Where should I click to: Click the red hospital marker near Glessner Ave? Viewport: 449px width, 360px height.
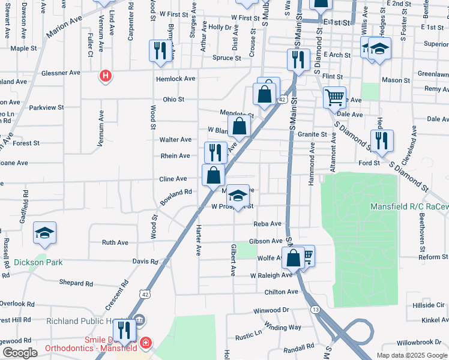point(106,76)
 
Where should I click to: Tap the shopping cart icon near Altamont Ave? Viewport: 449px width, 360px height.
point(334,96)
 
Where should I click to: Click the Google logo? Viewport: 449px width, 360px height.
point(20,353)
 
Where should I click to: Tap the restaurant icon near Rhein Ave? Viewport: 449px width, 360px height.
point(215,152)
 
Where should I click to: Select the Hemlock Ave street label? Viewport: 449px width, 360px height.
point(175,79)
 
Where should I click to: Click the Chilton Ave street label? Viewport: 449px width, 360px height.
point(281,292)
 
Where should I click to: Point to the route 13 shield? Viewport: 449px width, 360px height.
point(315,309)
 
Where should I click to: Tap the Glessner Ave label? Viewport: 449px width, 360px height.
point(61,73)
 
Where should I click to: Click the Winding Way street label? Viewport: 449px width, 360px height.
point(283,327)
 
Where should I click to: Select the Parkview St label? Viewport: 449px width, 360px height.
point(46,107)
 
